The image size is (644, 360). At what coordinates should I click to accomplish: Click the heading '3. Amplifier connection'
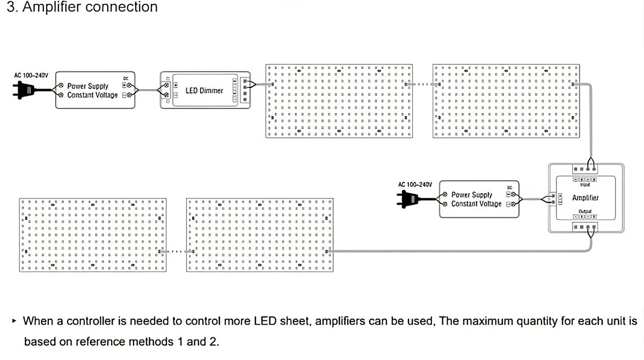pyautogui.click(x=82, y=8)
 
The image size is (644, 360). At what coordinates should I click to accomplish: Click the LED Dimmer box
pyautogui.click(x=205, y=91)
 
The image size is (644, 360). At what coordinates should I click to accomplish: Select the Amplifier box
pyautogui.click(x=585, y=198)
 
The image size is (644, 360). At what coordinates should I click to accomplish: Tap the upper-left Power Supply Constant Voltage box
pyautogui.click(x=95, y=91)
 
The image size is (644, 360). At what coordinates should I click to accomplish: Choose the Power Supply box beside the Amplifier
pyautogui.click(x=479, y=200)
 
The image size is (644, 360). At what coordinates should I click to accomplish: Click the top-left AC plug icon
pyautogui.click(x=24, y=91)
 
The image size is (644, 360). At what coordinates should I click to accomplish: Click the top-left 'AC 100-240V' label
pyautogui.click(x=31, y=75)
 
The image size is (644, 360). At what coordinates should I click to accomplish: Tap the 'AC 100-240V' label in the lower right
pyautogui.click(x=415, y=185)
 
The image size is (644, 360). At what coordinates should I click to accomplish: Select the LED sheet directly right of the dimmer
pyautogui.click(x=340, y=101)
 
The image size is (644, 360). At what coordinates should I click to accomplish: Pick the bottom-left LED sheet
pyautogui.click(x=93, y=235)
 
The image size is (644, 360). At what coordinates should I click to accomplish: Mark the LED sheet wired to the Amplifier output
pyautogui.click(x=260, y=235)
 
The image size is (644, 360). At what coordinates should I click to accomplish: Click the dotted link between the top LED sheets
pyautogui.click(x=423, y=84)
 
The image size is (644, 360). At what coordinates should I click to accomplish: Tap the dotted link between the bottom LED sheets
pyautogui.click(x=177, y=251)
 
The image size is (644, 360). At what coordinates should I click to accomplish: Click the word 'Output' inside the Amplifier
pyautogui.click(x=584, y=211)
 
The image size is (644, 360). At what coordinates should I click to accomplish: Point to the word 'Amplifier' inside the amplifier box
pyautogui.click(x=585, y=198)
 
